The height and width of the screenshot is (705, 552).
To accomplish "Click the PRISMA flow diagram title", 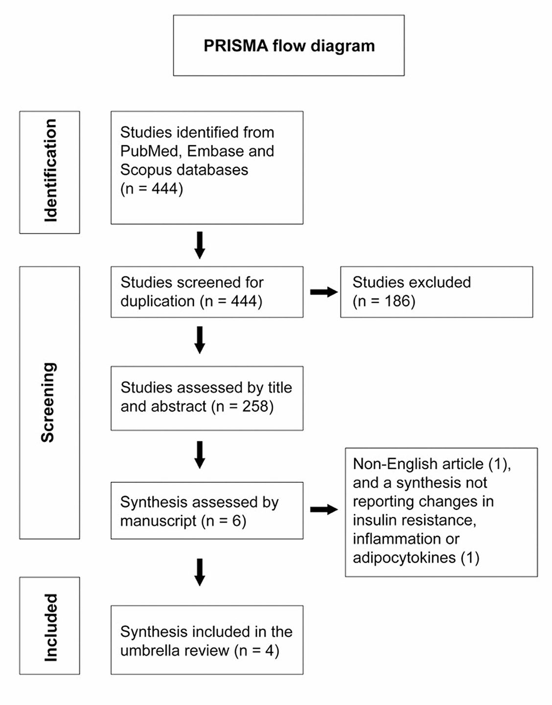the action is [x=289, y=46].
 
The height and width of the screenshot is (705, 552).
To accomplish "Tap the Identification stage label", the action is [x=50, y=171].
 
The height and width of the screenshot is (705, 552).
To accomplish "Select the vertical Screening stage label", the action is [x=48, y=402].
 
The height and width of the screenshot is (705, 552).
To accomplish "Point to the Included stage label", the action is [x=50, y=628].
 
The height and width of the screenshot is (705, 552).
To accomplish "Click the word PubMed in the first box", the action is [x=150, y=151].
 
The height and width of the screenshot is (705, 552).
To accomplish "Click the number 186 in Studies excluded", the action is [x=397, y=301].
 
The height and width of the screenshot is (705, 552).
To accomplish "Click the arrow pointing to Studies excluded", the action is [x=324, y=292].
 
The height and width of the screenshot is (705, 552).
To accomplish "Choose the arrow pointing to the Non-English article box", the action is [x=324, y=509].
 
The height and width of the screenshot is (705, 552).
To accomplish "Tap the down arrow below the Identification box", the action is [x=200, y=245].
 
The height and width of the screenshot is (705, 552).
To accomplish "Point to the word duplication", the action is [x=158, y=302].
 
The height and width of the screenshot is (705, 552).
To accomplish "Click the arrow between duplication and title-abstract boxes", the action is [x=200, y=340].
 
